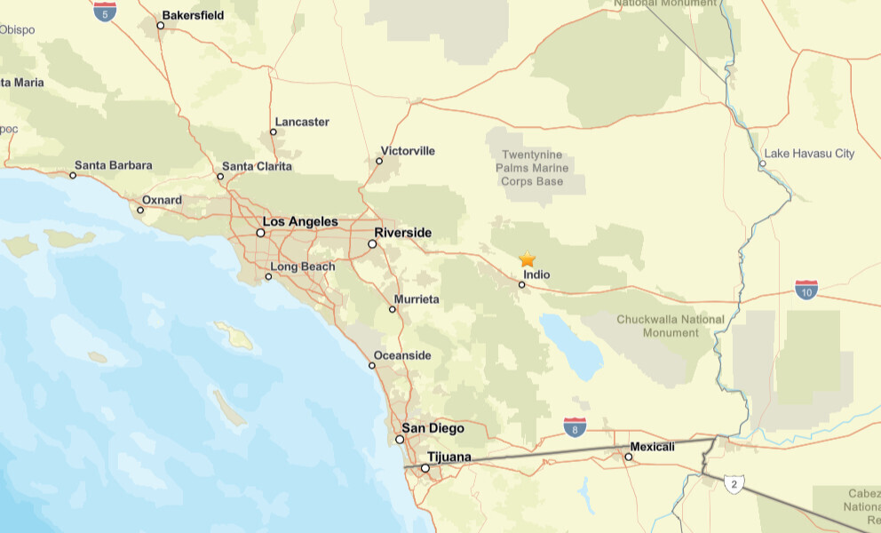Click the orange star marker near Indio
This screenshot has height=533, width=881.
click(527, 259)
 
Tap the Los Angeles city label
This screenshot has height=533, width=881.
click(300, 221)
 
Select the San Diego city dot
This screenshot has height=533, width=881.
click(400, 439)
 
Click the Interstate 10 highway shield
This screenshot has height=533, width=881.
click(806, 289)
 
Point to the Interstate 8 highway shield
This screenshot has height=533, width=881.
click(575, 428)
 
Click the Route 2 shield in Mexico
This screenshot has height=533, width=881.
click(734, 484)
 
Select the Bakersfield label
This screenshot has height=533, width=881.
click(193, 15)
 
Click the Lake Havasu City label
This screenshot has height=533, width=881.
click(808, 154)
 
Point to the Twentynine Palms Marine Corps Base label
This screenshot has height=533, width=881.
click(533, 168)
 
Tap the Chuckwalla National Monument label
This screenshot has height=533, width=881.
click(671, 326)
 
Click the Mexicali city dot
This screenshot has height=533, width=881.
click(628, 457)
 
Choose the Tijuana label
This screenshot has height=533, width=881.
click(449, 457)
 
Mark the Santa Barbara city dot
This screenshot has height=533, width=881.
click(73, 175)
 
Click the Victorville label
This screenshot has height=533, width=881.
click(408, 151)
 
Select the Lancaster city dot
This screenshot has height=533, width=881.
click(273, 132)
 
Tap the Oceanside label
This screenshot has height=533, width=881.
click(401, 356)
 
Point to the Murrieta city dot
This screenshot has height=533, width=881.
click(393, 309)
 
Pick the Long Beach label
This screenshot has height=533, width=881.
click(303, 266)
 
